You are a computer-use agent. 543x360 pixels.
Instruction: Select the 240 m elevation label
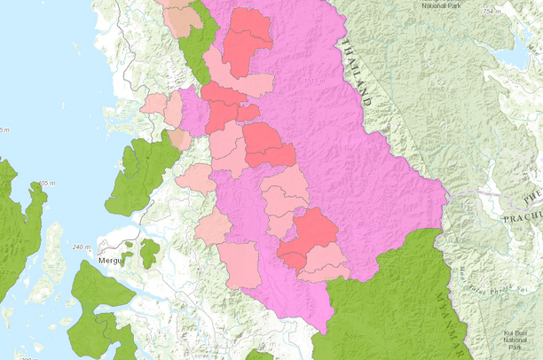click(82, 247)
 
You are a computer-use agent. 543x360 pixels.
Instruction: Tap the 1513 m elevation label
click(311, 82)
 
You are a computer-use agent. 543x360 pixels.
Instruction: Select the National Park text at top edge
click(440, 5)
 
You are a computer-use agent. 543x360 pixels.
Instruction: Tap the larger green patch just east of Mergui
click(150, 252)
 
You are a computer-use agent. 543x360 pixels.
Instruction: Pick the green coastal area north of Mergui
click(142, 173)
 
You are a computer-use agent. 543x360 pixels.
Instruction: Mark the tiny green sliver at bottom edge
click(259, 356)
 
